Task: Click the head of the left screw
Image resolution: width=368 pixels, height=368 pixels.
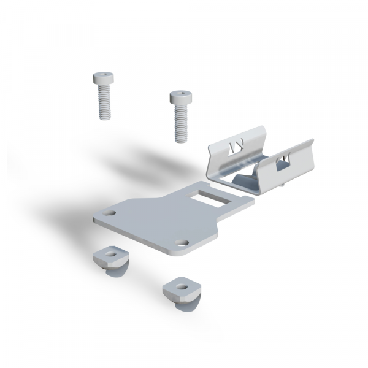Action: point(103,79)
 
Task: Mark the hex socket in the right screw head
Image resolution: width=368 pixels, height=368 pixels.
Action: point(179,94)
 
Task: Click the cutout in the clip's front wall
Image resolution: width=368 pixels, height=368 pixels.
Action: point(284,162)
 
